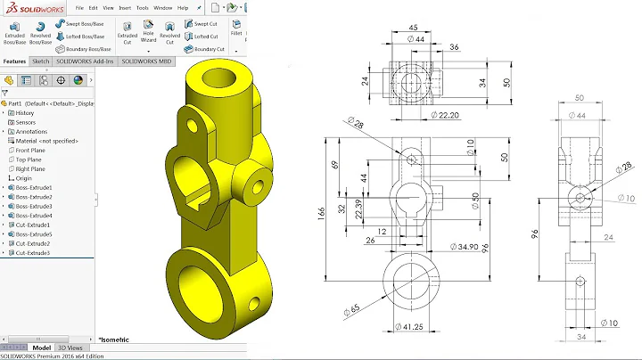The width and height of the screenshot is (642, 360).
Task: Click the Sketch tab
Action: point(41,61)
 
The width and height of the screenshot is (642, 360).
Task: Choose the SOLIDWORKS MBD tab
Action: point(146,61)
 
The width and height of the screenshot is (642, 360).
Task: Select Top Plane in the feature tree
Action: point(30,160)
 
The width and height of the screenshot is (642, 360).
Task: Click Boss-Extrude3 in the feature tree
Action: point(34,206)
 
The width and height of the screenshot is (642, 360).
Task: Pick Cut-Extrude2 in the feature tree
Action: point(32,243)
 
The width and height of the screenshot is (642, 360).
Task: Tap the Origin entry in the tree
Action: point(24,178)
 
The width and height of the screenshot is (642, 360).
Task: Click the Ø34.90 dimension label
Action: point(465,246)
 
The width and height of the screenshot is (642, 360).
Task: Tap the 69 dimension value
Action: point(335,165)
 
